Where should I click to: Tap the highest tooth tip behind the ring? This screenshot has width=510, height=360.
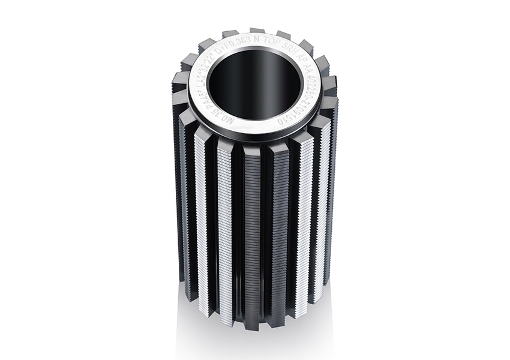(x=257, y=30)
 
